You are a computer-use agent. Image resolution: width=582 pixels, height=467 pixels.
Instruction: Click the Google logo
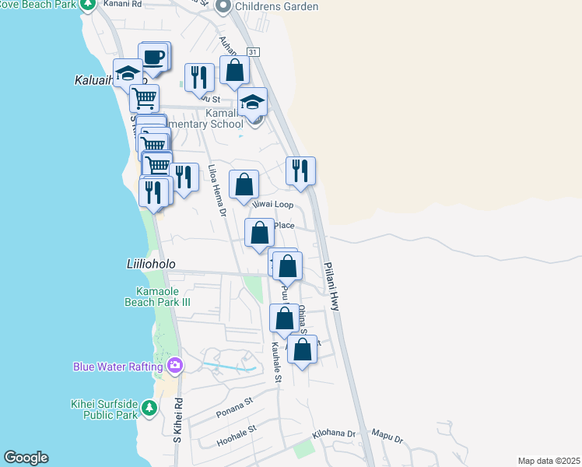coord(26,458)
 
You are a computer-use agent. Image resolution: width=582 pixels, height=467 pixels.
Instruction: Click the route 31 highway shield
coord(253,51)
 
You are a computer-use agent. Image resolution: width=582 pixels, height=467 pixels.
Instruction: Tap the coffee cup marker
coord(153,57)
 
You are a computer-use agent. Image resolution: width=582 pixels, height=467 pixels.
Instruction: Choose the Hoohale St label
coord(237,437)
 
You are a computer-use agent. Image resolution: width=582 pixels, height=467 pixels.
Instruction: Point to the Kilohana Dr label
coord(333,434)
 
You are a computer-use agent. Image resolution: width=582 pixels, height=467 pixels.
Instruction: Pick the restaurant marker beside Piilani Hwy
coord(300,170)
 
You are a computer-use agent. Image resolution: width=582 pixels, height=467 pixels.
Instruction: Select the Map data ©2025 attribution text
coord(549,461)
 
